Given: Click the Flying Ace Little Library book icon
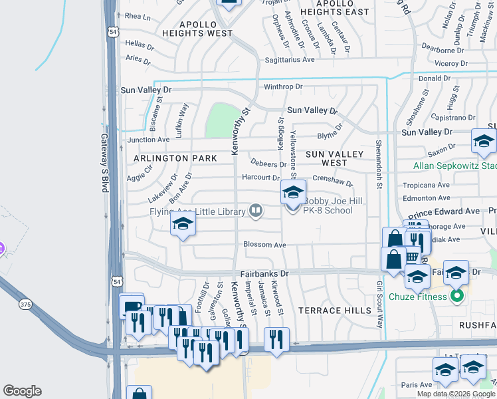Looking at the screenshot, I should pos(255,212).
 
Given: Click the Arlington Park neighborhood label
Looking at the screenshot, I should pos(175,158).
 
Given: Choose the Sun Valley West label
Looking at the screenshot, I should pos(334,158).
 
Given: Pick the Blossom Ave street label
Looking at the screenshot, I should pos(264,245).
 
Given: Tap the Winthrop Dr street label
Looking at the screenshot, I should pos(283,86).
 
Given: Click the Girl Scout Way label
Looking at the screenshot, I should pos(379,305).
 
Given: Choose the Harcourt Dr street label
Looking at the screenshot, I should pos(260,178).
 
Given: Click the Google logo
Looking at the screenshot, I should pos(22,391).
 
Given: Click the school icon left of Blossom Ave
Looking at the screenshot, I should pos(183,224).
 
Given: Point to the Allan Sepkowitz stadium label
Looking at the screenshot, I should pos(454,166).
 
